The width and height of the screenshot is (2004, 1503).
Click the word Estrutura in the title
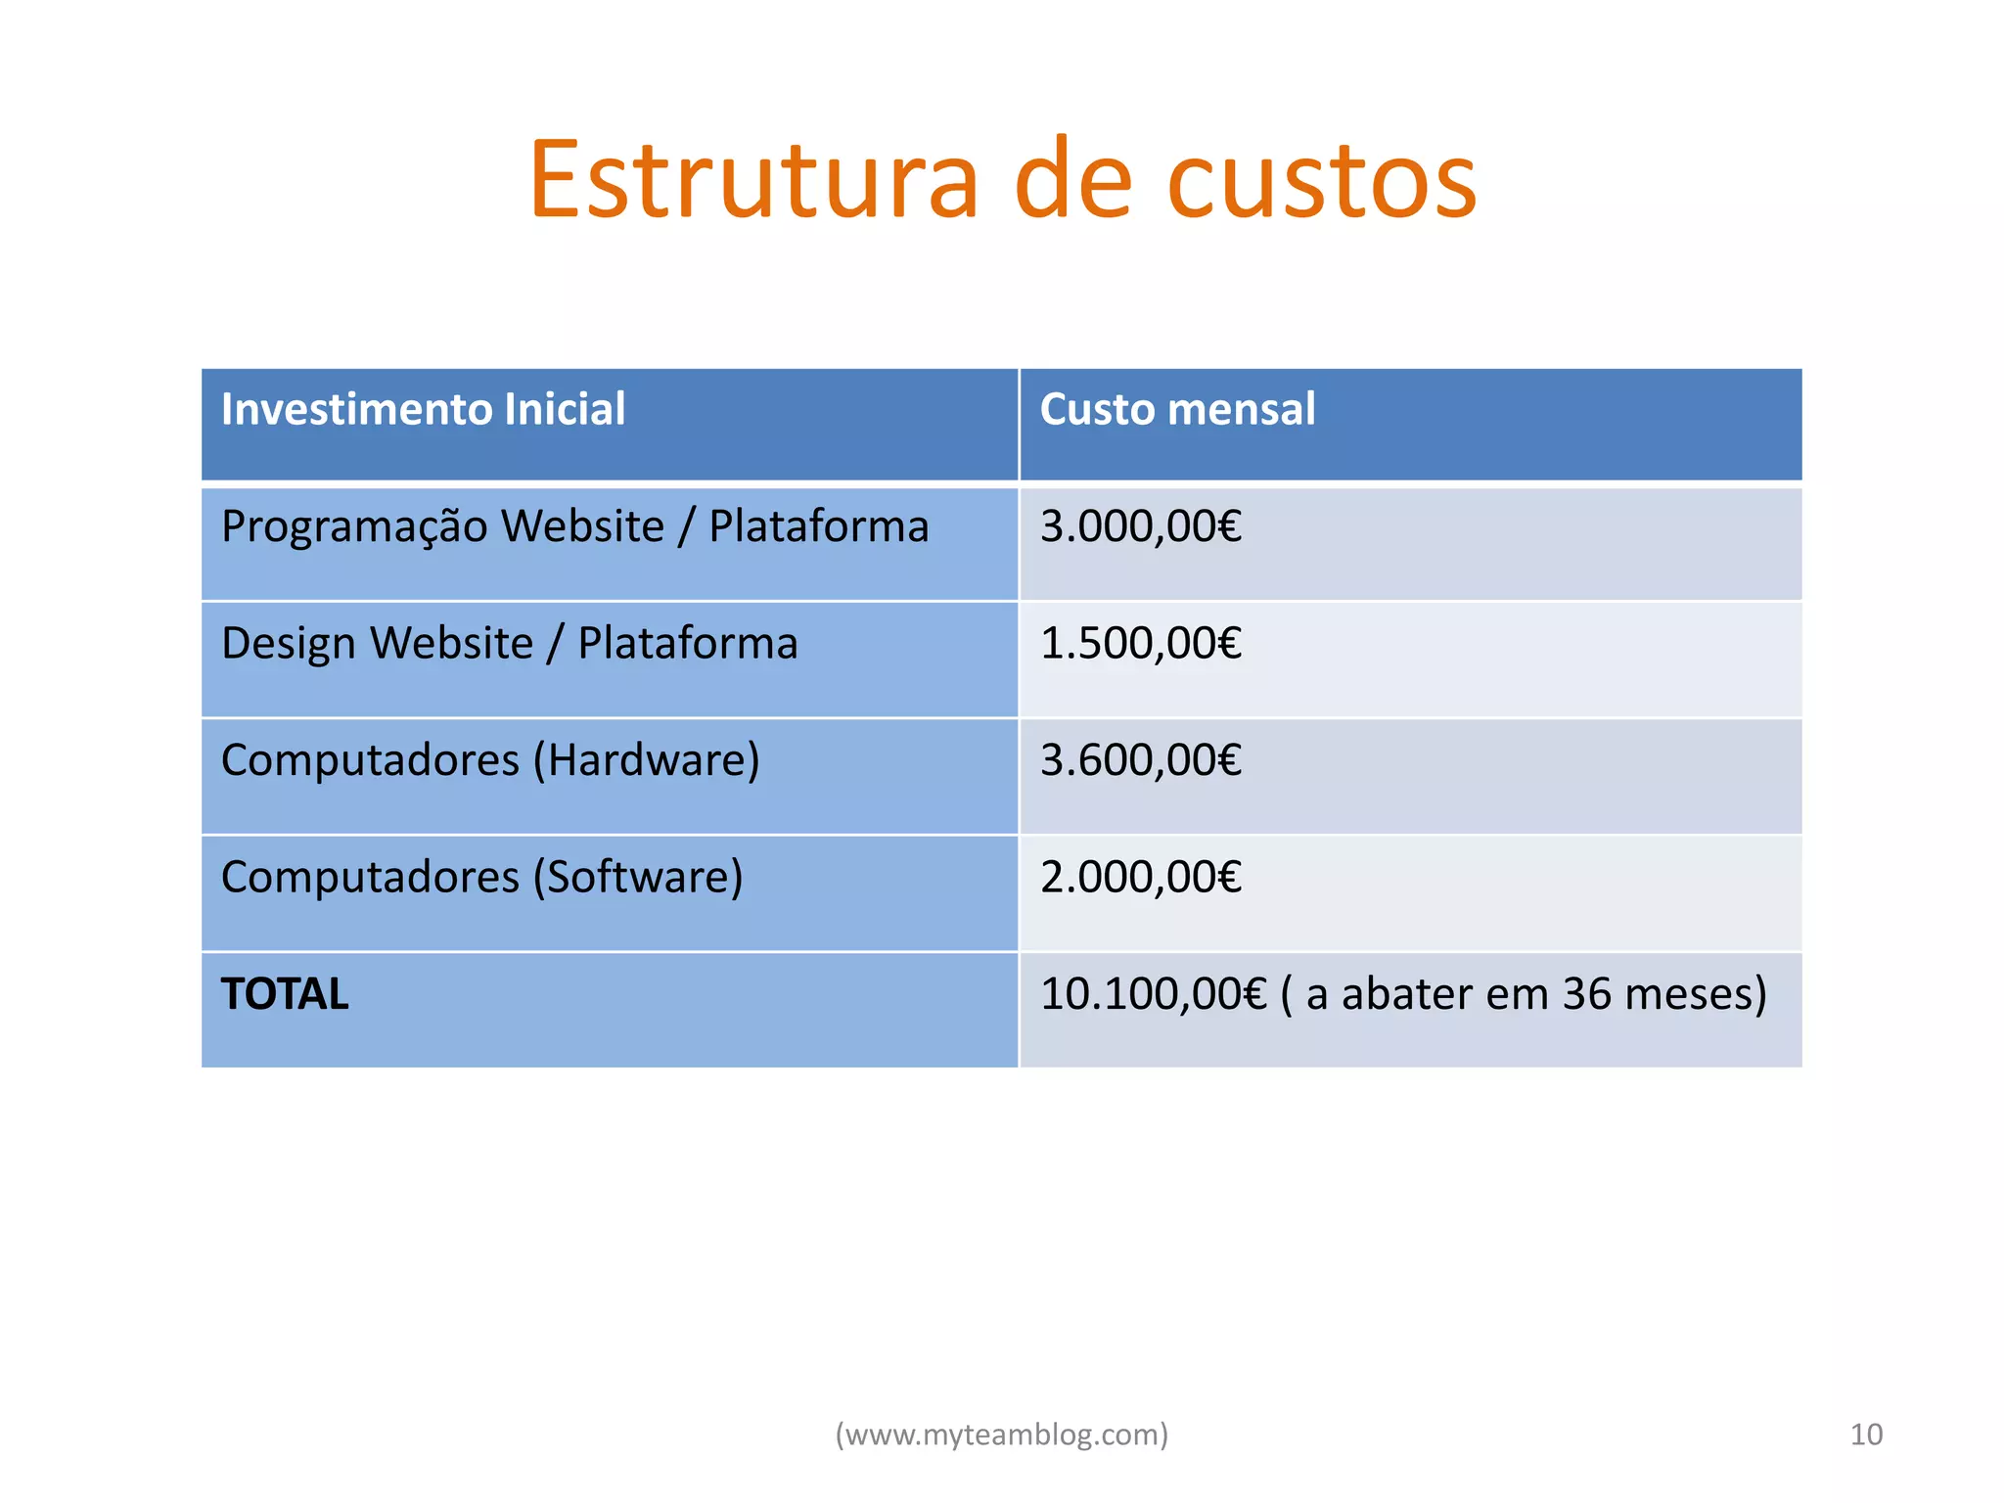753,181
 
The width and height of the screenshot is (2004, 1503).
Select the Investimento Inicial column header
423,409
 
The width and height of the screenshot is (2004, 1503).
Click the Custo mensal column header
1177,409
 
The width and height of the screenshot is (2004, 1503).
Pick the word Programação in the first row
354,527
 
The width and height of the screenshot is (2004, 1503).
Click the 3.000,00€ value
1141,526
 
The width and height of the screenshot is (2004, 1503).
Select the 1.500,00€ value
1141,644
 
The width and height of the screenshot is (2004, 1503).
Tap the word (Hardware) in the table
646,760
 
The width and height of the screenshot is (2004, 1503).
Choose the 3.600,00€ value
1141,760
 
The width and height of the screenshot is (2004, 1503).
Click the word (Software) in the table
638,877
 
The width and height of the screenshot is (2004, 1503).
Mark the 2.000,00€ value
1141,877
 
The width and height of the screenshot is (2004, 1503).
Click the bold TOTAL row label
285,994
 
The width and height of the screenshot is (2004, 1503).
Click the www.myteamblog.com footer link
1001,1435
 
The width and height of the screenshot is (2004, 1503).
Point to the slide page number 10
1866,1435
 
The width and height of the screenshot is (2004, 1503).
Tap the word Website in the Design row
452,644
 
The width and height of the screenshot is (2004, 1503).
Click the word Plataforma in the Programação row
818,527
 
